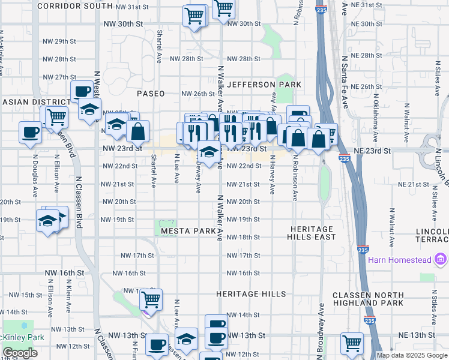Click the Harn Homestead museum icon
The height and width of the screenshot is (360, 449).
(x=441, y=259)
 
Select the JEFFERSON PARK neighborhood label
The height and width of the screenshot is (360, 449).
(x=264, y=85)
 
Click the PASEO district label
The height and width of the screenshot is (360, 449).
(x=150, y=94)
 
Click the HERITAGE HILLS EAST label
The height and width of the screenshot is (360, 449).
(x=312, y=233)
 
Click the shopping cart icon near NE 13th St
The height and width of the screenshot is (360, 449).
(x=351, y=343)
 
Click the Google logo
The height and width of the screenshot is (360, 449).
(x=20, y=353)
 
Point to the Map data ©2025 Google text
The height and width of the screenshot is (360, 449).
(x=411, y=355)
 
